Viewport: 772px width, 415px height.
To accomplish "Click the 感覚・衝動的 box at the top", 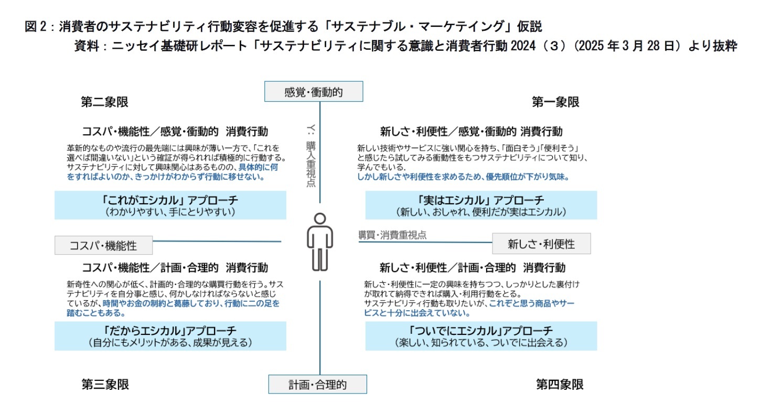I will click(313, 92).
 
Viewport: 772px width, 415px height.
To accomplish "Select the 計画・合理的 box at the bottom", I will click(317, 384).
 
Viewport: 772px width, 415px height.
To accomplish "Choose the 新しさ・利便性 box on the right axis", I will click(541, 244).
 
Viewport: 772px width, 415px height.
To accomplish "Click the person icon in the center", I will click(319, 241).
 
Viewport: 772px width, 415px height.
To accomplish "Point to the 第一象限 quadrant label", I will click(555, 102).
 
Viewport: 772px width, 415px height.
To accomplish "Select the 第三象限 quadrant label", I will click(105, 384).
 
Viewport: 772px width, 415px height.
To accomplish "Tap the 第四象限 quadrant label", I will click(560, 384).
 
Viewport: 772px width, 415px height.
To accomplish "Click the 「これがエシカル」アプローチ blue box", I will click(170, 205).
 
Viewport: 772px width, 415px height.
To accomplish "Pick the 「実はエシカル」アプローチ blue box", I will click(481, 205).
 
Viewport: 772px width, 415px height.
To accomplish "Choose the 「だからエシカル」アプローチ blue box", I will click(170, 336).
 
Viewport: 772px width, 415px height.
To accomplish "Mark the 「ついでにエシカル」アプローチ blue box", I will click(481, 336).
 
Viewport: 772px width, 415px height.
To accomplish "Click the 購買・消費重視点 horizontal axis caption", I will click(392, 235).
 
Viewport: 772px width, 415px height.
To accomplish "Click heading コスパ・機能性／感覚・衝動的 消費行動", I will click(175, 130).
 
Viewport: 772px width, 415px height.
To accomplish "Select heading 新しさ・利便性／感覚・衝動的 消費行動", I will click(471, 130).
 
